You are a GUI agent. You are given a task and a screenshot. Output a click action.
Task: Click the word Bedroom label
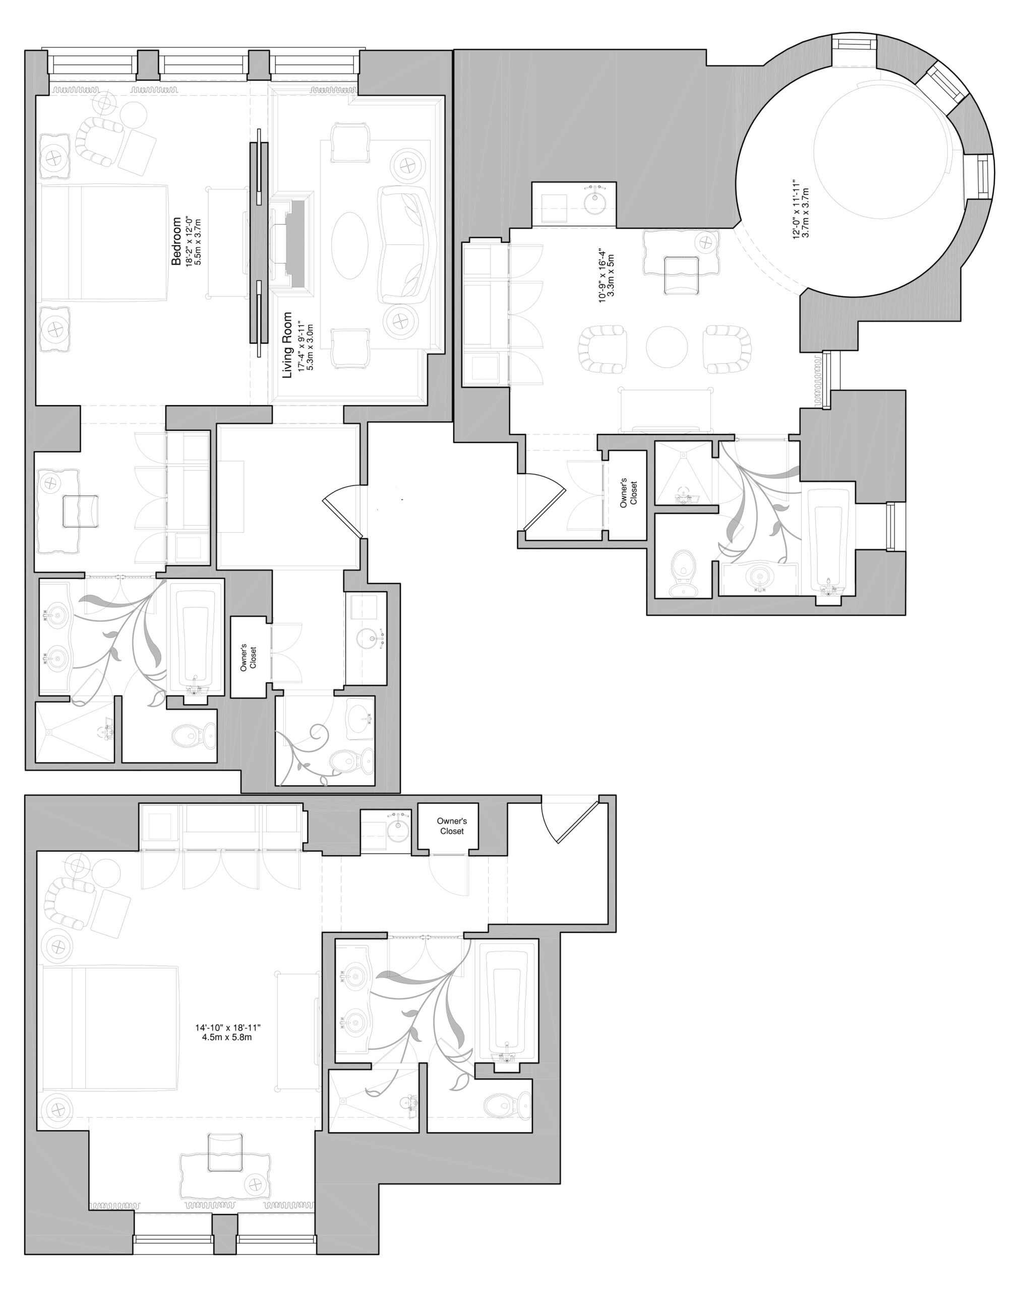pos(176,241)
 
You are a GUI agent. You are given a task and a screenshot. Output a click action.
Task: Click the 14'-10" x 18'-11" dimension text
pos(227,1027)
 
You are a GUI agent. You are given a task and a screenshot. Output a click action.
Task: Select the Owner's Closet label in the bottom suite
pos(451,826)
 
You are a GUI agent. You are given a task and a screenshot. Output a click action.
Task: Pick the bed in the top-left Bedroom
pos(103,242)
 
